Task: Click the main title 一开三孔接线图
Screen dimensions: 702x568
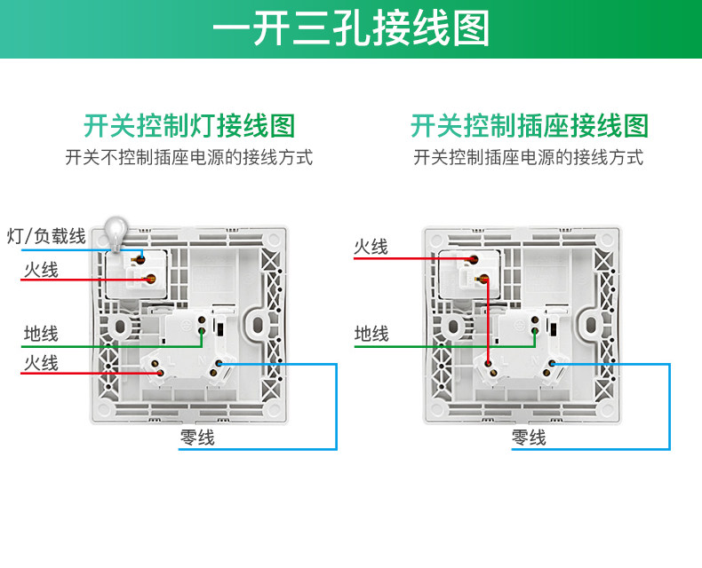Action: click(x=351, y=29)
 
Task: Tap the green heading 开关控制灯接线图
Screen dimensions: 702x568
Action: click(x=189, y=126)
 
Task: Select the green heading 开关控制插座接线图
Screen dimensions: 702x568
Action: click(x=529, y=126)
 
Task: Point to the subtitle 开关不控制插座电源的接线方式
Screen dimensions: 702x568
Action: click(x=189, y=158)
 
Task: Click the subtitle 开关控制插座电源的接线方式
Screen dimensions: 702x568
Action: click(x=529, y=158)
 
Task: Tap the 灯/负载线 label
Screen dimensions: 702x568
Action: click(x=46, y=236)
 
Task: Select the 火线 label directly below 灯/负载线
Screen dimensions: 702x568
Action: click(x=41, y=269)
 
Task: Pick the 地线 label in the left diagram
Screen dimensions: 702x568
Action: click(x=41, y=334)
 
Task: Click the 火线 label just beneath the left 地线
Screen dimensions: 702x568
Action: click(x=41, y=362)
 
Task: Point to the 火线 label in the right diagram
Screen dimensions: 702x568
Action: click(x=371, y=247)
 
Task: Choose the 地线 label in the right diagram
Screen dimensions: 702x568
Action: click(x=371, y=334)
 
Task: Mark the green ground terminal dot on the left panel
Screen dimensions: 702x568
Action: click(x=203, y=333)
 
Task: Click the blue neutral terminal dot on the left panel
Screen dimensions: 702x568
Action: click(x=219, y=364)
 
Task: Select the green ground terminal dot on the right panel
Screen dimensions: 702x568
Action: click(x=534, y=333)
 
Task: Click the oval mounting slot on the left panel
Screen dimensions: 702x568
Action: click(x=261, y=324)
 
